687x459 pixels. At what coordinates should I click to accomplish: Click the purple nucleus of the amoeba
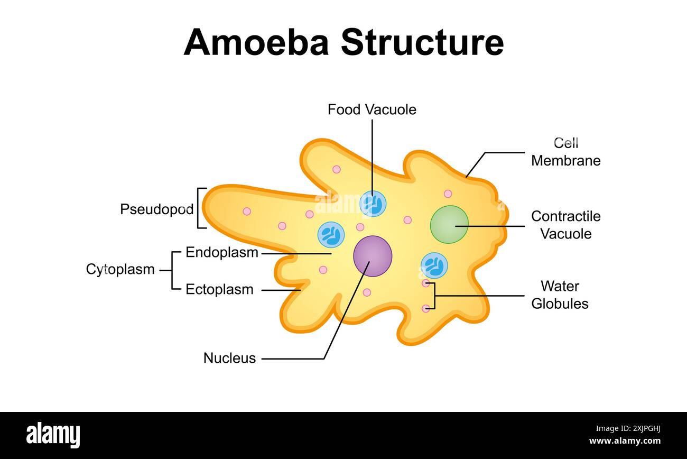click(x=373, y=256)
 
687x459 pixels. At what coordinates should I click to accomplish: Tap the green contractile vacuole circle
click(x=449, y=224)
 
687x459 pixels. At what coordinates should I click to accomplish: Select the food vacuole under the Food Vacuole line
click(x=373, y=204)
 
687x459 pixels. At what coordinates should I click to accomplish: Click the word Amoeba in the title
click(x=256, y=42)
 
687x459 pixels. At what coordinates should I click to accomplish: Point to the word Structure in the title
click(x=422, y=42)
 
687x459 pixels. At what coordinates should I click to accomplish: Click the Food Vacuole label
click(x=372, y=109)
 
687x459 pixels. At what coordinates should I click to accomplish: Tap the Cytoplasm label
click(x=120, y=269)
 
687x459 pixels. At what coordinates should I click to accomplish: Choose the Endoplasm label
click(x=222, y=253)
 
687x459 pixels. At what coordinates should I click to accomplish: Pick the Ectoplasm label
click(x=219, y=290)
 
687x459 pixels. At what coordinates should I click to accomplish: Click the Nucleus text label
click(x=229, y=358)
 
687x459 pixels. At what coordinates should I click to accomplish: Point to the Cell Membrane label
click(x=565, y=152)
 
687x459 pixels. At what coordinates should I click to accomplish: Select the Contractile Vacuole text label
click(x=565, y=225)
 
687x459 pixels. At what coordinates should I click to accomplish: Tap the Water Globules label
click(x=560, y=295)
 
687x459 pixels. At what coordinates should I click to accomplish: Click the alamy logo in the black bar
click(x=53, y=435)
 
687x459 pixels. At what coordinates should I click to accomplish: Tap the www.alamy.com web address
click(x=625, y=441)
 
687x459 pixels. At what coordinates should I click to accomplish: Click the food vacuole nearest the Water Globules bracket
click(x=434, y=265)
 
